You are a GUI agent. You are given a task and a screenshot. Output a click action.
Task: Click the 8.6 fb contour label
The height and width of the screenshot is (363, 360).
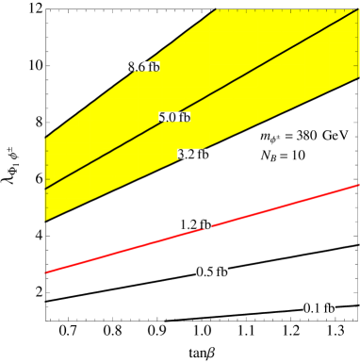point(143,67)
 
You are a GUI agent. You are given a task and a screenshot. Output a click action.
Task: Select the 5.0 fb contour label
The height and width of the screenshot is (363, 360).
point(174,118)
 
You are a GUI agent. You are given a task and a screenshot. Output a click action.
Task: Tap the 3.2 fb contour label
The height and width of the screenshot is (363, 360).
point(193,154)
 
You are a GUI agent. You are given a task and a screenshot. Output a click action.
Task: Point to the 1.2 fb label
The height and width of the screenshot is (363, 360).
point(195,224)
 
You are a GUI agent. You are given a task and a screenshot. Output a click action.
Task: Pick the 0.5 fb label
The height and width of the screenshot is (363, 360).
point(211,272)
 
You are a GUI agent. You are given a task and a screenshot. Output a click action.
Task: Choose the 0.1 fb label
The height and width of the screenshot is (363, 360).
point(318,308)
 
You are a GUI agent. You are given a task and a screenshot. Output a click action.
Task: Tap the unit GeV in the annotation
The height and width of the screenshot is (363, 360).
point(335,135)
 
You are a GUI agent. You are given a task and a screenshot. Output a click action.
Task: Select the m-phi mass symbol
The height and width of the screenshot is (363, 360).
point(270,137)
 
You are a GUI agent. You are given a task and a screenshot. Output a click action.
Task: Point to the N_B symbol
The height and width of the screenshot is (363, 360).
point(268,156)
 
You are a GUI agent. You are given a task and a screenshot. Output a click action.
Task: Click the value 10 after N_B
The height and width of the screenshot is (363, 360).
point(298,156)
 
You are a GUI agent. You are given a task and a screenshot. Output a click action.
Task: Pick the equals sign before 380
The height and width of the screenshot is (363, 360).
point(288,136)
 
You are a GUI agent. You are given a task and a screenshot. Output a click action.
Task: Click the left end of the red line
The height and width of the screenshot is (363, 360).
point(47,272)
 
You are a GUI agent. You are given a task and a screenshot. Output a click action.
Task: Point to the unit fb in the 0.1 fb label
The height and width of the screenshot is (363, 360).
point(326,308)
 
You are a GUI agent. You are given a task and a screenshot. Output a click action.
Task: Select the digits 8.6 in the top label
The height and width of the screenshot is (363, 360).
point(137,67)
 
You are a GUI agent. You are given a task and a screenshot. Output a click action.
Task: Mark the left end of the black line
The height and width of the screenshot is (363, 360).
point(46,189)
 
